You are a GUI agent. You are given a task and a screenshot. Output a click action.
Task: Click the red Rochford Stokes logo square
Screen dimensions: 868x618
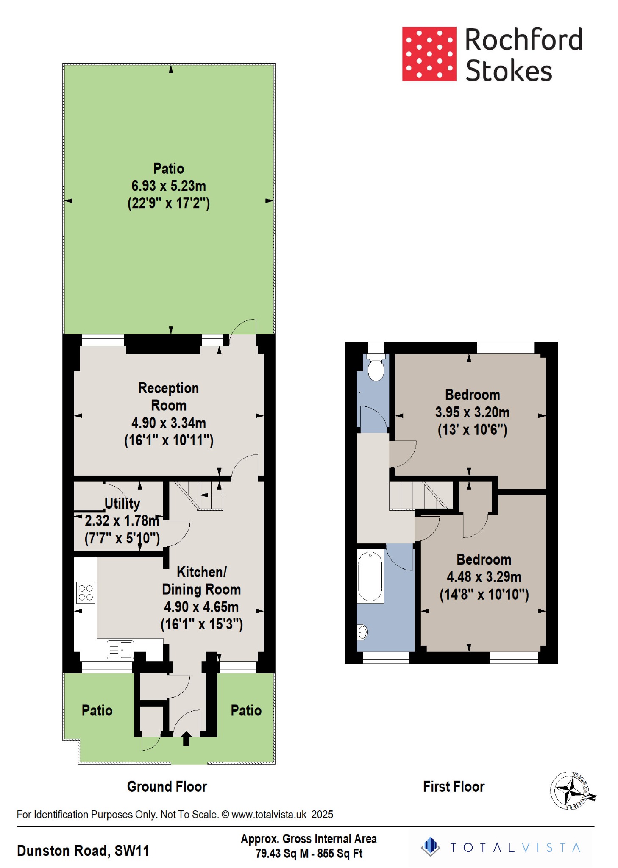tap(429, 54)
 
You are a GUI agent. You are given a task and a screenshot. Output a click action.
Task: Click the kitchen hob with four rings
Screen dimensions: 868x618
tap(86, 593)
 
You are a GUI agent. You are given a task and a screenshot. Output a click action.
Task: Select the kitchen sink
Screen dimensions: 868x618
tap(120, 650)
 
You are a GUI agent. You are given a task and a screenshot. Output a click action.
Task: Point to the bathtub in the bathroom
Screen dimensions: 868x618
tap(370, 576)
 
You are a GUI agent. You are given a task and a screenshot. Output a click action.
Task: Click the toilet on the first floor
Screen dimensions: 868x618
tap(376, 370)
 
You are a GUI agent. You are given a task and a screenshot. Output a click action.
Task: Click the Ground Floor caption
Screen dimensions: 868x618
tap(167, 787)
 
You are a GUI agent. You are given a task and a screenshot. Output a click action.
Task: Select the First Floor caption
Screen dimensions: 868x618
tap(454, 787)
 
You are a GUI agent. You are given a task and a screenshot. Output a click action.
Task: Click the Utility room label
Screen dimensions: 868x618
tap(122, 504)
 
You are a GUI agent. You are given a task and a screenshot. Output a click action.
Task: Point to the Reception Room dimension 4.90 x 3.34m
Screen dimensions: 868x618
tap(168, 423)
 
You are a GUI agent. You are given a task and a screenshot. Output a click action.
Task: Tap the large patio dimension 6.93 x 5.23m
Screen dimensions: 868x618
tap(168, 186)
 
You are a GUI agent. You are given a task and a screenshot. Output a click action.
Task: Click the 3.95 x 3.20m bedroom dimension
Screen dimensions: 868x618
tap(472, 412)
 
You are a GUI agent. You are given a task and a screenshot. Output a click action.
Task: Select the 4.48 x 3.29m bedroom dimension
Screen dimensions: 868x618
tap(484, 577)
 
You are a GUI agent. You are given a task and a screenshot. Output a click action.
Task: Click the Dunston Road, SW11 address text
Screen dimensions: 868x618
tap(83, 851)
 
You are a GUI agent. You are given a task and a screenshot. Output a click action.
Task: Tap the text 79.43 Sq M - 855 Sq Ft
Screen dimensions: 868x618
tap(309, 854)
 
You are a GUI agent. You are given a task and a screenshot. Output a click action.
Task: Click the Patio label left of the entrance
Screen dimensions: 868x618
tap(97, 711)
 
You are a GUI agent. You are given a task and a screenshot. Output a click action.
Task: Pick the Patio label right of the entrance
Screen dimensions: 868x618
tap(246, 711)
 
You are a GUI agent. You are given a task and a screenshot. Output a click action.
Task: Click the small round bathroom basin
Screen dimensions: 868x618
tap(362, 632)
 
